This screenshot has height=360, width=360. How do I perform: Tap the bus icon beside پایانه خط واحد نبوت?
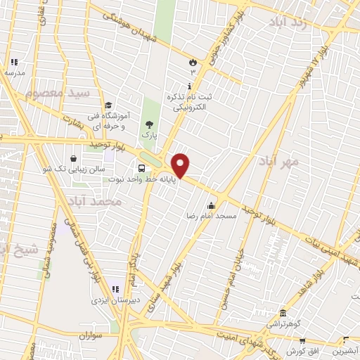click(142, 168)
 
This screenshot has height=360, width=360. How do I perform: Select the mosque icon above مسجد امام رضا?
click(211, 205)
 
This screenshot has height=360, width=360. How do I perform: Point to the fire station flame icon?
click(193, 62)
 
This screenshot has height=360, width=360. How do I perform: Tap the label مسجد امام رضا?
click(214, 216)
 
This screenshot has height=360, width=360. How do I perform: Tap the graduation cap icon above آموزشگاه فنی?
click(108, 105)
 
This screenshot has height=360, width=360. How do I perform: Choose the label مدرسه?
click(14, 72)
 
